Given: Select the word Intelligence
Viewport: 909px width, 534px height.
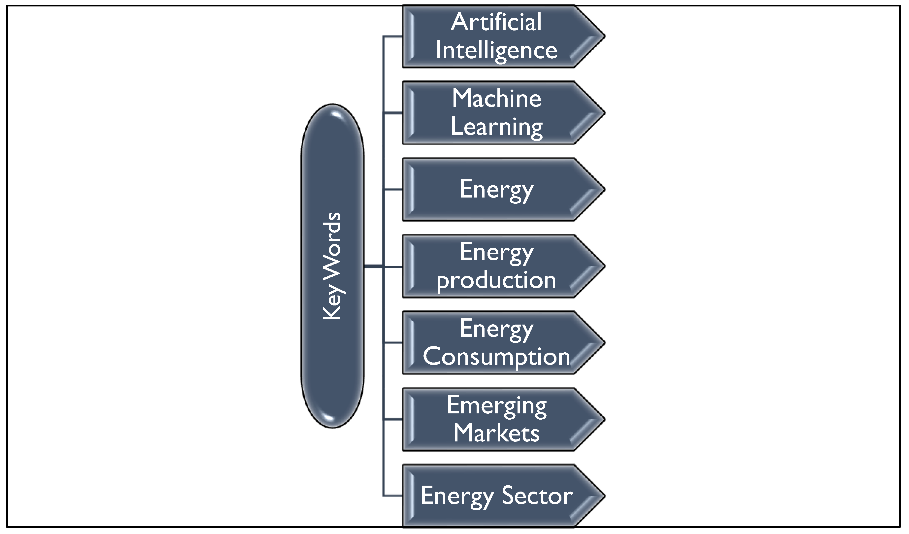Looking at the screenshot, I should (496, 51).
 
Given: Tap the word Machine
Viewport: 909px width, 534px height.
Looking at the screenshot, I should (496, 99).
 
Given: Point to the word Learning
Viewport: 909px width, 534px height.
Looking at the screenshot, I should (496, 127).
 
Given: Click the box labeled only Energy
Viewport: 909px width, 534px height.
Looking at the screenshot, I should (496, 189).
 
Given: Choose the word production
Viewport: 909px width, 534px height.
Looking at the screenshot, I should (496, 280).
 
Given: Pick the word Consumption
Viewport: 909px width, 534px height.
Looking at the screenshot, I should (496, 357).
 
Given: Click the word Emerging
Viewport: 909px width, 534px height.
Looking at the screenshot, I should (496, 405).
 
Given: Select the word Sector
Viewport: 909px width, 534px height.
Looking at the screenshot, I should (537, 496).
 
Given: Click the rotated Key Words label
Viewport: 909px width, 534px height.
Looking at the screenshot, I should (332, 266).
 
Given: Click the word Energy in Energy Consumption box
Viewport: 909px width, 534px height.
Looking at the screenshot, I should (496, 329).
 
